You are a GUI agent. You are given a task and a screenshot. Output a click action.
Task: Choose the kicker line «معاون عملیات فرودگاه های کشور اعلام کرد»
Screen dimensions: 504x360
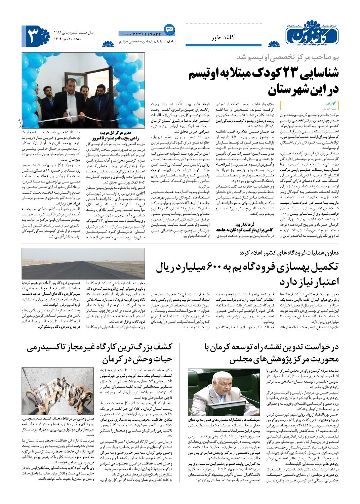pyautogui.click(x=291, y=252)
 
